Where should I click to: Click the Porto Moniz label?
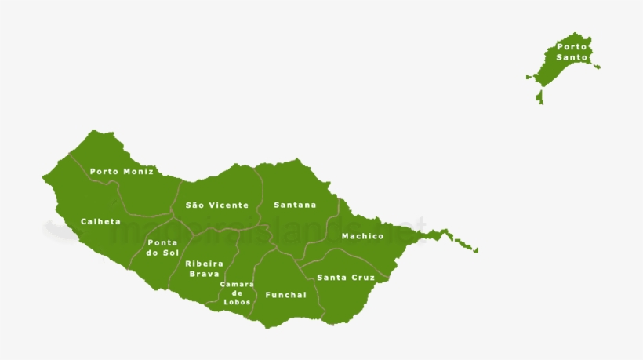[122, 171]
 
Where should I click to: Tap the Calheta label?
[100, 221]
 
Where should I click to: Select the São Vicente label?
[216, 205]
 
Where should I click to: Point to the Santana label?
[295, 205]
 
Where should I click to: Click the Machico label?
[362, 236]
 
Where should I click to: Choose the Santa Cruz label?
[346, 278]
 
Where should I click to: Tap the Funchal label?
[285, 295]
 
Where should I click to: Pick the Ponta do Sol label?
[162, 248]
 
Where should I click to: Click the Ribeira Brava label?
[204, 268]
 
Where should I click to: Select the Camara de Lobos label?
[237, 293]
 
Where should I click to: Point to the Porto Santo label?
[571, 52]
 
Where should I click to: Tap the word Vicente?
[228, 205]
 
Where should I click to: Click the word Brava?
[204, 274]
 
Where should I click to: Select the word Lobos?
[237, 302]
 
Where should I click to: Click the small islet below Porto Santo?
[539, 97]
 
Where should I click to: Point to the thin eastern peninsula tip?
[474, 250]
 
